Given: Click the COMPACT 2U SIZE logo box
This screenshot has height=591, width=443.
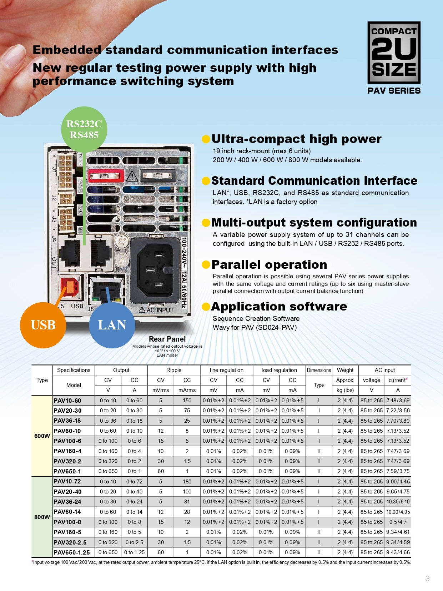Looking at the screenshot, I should click(x=394, y=53).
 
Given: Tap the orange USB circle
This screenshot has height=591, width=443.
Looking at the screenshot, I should click(x=43, y=325).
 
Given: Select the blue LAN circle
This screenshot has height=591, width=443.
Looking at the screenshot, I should click(x=112, y=325).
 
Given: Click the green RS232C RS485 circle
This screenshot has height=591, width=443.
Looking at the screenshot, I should click(x=84, y=129).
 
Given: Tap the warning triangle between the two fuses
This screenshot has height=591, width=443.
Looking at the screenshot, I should click(x=132, y=176).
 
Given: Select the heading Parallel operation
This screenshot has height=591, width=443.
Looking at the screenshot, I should click(x=269, y=264).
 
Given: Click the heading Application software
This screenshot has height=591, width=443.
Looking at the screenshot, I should click(x=279, y=306).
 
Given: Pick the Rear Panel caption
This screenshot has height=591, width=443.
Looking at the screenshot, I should click(x=167, y=339).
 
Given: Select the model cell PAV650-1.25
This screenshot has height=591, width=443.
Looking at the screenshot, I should click(x=72, y=552).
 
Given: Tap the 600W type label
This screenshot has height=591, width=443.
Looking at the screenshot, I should click(x=42, y=436).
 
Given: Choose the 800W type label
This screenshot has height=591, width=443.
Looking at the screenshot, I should click(x=42, y=517).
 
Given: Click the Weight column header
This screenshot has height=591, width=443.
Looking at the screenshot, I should click(x=345, y=370).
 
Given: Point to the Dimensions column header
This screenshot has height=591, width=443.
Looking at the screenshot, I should click(x=319, y=370).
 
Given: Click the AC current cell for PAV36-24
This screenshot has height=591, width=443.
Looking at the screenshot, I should click(x=398, y=502).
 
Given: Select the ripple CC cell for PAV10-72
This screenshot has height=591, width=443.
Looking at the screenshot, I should click(x=187, y=482).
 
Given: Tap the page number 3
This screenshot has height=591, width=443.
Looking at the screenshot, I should click(x=427, y=578).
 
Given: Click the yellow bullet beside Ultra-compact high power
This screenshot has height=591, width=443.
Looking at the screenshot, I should click(x=206, y=139).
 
